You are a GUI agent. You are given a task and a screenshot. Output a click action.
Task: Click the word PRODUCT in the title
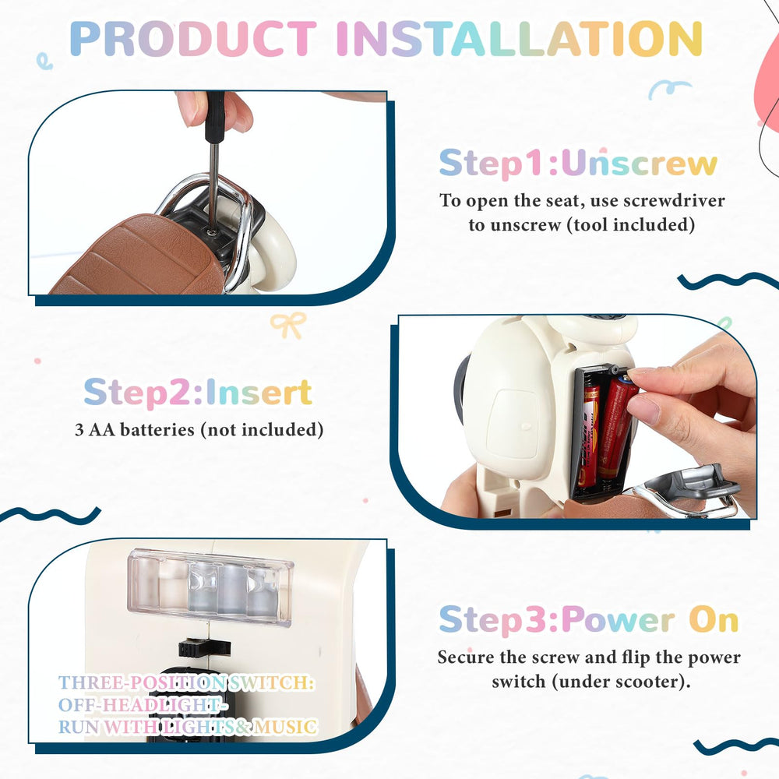click(192, 39)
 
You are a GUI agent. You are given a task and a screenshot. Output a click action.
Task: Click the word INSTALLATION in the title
click(519, 39)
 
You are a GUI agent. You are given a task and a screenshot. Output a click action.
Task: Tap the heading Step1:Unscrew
click(578, 163)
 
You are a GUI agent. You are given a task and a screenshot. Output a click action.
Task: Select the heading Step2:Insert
click(198, 393)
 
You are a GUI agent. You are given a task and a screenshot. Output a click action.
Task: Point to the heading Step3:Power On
click(589, 619)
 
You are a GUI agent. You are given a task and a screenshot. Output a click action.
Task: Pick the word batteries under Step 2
click(157, 430)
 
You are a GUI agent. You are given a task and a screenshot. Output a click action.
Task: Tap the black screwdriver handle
click(215, 117)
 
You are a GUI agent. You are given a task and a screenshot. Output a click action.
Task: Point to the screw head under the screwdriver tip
click(212, 231)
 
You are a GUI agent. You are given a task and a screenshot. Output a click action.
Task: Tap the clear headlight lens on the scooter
click(210, 587)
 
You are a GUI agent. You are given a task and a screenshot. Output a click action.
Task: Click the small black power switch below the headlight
click(204, 648)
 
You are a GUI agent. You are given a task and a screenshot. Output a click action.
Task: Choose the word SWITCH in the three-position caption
click(271, 683)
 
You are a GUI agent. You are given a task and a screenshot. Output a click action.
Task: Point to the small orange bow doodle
click(288, 324)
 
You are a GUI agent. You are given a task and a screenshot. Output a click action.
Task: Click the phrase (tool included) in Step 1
click(631, 224)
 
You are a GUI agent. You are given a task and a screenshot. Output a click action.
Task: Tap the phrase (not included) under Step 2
click(262, 430)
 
